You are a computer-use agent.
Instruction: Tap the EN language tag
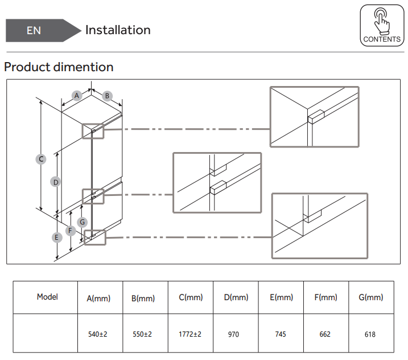34,30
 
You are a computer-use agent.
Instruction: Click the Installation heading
118,30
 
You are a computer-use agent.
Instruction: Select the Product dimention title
59,67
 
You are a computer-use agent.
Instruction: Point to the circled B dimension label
107,96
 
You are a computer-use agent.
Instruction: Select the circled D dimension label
55,182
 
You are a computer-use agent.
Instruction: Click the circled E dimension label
56,236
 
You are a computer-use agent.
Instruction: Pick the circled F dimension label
70,231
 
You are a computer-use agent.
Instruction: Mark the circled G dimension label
83,222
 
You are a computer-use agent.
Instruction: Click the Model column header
47,297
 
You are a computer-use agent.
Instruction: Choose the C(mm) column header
191,297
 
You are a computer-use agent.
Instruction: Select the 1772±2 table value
190,334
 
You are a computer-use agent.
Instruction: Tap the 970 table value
234,334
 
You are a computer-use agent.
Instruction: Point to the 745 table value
280,334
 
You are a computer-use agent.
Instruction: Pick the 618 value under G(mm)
370,334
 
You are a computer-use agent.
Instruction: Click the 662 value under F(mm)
325,334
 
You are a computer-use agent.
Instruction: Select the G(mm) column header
370,297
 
